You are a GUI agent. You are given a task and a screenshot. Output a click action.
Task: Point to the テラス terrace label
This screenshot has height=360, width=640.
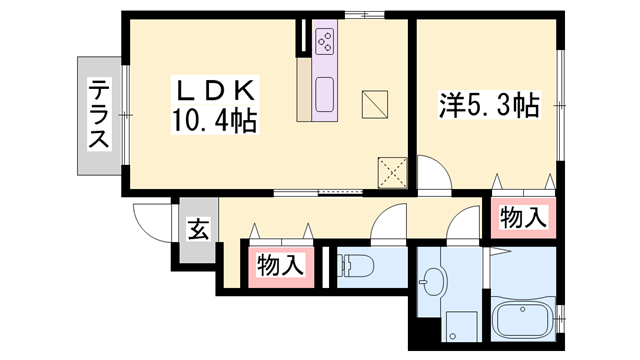pyautogui.click(x=98, y=113)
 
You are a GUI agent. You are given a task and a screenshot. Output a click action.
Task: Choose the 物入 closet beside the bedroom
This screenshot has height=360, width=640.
pyautogui.click(x=522, y=217)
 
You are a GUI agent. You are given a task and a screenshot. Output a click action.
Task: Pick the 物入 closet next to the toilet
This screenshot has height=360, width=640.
pyautogui.click(x=280, y=266)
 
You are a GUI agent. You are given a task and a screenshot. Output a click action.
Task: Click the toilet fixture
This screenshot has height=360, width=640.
pyautogui.click(x=356, y=266)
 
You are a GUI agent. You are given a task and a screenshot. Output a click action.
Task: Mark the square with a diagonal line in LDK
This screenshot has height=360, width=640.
pyautogui.click(x=375, y=102)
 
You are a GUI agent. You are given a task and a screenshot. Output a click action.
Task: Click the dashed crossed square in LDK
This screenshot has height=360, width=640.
pyautogui.click(x=393, y=172)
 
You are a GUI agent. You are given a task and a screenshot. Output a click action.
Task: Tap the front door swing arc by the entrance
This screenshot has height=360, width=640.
pyautogui.click(x=150, y=222)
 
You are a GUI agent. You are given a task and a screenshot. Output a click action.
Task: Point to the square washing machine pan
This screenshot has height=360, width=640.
pyautogui.click(x=462, y=326)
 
